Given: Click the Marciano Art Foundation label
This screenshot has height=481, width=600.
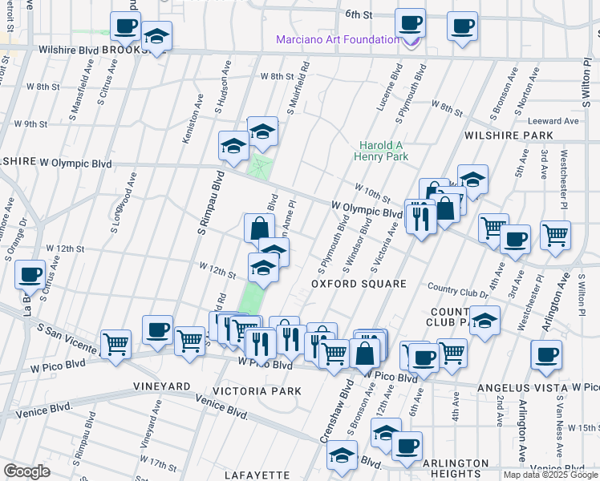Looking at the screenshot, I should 338,39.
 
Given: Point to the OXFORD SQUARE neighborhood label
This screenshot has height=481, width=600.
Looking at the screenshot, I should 359,284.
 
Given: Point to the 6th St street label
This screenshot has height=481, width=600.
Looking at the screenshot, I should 359,14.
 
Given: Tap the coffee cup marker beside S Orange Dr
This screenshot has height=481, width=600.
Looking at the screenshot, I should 30,274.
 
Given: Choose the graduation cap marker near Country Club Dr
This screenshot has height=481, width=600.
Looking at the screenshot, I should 484,322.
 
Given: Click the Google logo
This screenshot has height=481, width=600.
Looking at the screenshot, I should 26,471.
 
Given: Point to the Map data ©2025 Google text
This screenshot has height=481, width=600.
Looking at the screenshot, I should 549,475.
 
